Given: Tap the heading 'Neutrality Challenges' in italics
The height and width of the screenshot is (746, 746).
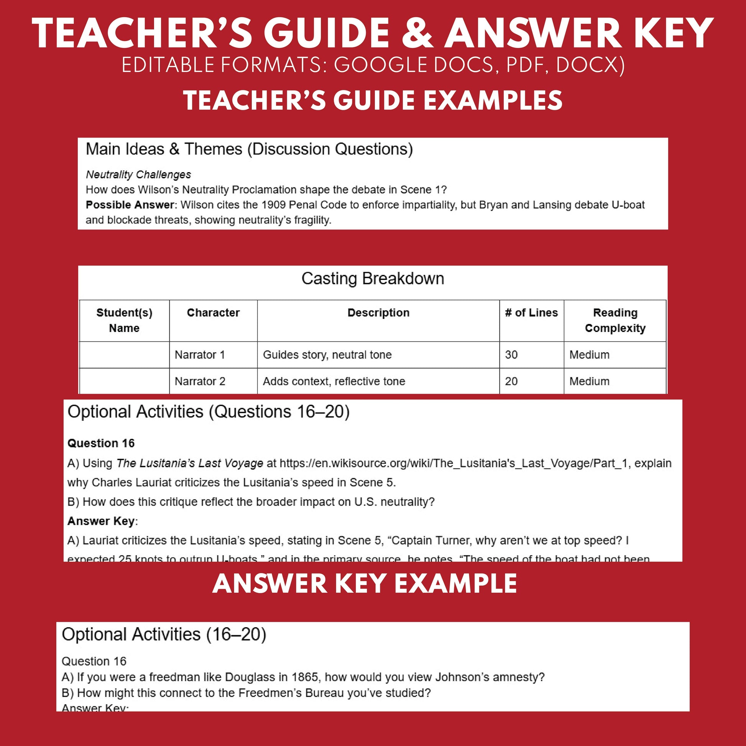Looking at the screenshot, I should (138, 174).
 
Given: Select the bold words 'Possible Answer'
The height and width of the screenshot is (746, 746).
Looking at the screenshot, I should (130, 205).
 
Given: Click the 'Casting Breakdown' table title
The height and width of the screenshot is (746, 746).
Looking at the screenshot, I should (373, 278).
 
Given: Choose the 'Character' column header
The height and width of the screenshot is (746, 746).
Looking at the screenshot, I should (213, 312).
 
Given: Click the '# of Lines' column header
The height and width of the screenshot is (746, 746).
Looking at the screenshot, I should (531, 312).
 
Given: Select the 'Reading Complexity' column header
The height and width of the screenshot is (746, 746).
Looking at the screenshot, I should (615, 320).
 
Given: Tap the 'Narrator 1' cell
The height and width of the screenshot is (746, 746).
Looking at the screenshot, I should (200, 355).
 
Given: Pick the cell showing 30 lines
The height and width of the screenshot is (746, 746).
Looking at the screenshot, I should (511, 355).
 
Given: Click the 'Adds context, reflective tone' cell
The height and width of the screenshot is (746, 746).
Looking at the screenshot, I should (334, 381).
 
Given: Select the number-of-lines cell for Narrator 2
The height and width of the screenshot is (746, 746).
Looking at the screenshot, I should (511, 381).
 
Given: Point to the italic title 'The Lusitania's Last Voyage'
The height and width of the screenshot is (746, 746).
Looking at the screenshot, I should (190, 463).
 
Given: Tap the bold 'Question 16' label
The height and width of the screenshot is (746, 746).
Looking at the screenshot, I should (101, 443).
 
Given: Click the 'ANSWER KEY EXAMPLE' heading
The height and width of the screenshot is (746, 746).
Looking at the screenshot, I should (365, 584).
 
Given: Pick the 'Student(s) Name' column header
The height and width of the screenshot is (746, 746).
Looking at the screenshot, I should (124, 320).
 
